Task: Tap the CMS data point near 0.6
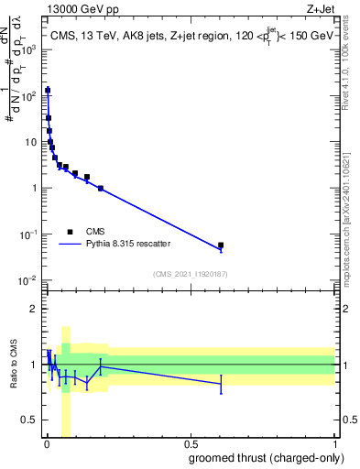[221, 245]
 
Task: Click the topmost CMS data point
[48, 90]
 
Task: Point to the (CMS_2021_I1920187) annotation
[190, 274]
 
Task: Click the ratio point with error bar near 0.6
[221, 384]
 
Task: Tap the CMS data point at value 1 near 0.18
[101, 188]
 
